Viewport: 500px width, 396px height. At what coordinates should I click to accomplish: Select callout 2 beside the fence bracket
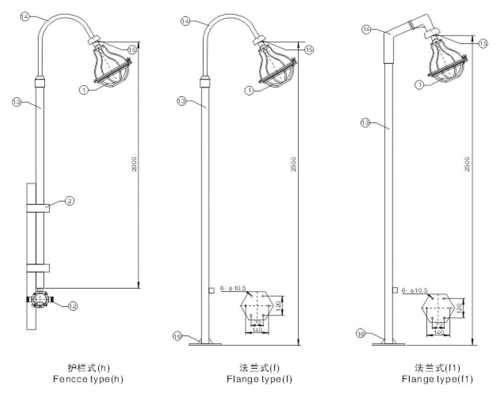(x=67, y=200)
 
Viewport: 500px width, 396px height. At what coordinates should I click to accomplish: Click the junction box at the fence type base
(x=40, y=299)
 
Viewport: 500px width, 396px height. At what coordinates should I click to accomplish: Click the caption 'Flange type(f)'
(x=259, y=380)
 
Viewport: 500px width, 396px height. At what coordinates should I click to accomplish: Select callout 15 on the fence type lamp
(x=132, y=48)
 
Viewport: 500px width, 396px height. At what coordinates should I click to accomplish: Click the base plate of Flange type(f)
(x=204, y=343)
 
